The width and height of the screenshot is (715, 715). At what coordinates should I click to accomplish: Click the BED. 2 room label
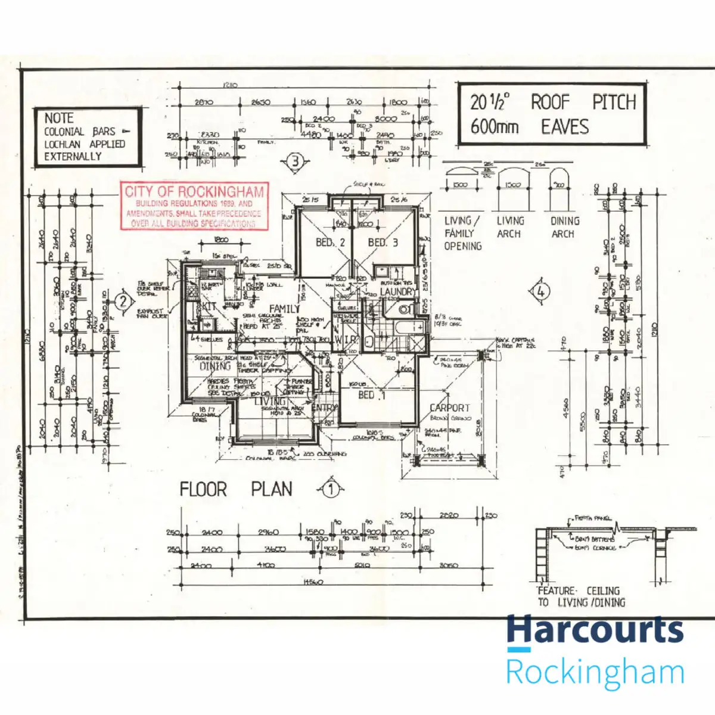click(330, 243)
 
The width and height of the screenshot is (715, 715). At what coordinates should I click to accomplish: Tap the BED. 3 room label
click(383, 243)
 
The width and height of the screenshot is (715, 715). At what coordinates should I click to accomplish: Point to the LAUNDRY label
click(397, 292)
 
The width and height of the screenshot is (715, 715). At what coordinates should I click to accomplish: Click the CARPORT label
click(450, 408)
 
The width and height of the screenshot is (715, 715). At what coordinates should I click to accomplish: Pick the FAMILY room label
click(284, 309)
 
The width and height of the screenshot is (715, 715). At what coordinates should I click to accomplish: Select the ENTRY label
click(324, 408)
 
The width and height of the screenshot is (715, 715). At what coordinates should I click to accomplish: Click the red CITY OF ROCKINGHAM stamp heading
click(194, 192)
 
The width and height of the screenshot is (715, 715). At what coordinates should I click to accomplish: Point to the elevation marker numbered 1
click(331, 490)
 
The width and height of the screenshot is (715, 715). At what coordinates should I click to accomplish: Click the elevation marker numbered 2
click(123, 301)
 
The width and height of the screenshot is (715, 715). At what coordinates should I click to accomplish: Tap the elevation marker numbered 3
click(295, 161)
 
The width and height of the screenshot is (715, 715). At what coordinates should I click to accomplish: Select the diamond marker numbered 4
click(540, 292)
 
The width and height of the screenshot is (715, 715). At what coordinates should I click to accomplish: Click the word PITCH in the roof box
click(614, 102)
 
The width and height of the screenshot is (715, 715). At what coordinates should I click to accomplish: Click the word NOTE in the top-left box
click(59, 118)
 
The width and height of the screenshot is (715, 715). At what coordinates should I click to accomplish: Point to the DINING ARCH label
click(564, 227)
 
